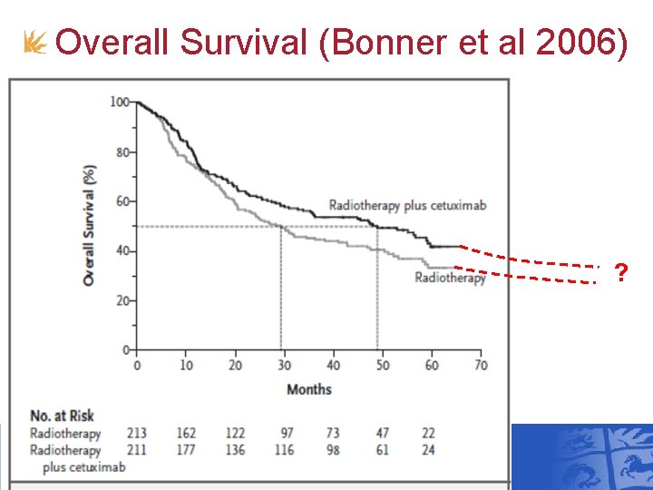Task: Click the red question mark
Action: [x=621, y=272]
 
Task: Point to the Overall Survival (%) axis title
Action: [x=89, y=225]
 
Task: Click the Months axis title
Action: [x=309, y=389]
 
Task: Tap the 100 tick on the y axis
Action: [x=119, y=102]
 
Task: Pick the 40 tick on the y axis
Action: [x=122, y=250]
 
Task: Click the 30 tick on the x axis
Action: [x=284, y=366]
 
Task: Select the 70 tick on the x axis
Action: [x=481, y=366]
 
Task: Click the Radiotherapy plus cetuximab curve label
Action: [x=407, y=205]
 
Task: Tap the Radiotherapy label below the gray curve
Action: [x=450, y=278]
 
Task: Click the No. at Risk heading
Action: [x=62, y=416]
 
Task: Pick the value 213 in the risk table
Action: [x=138, y=434]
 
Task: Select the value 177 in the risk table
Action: [x=186, y=450]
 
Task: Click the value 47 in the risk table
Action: [x=383, y=434]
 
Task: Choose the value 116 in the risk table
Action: [x=284, y=450]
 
